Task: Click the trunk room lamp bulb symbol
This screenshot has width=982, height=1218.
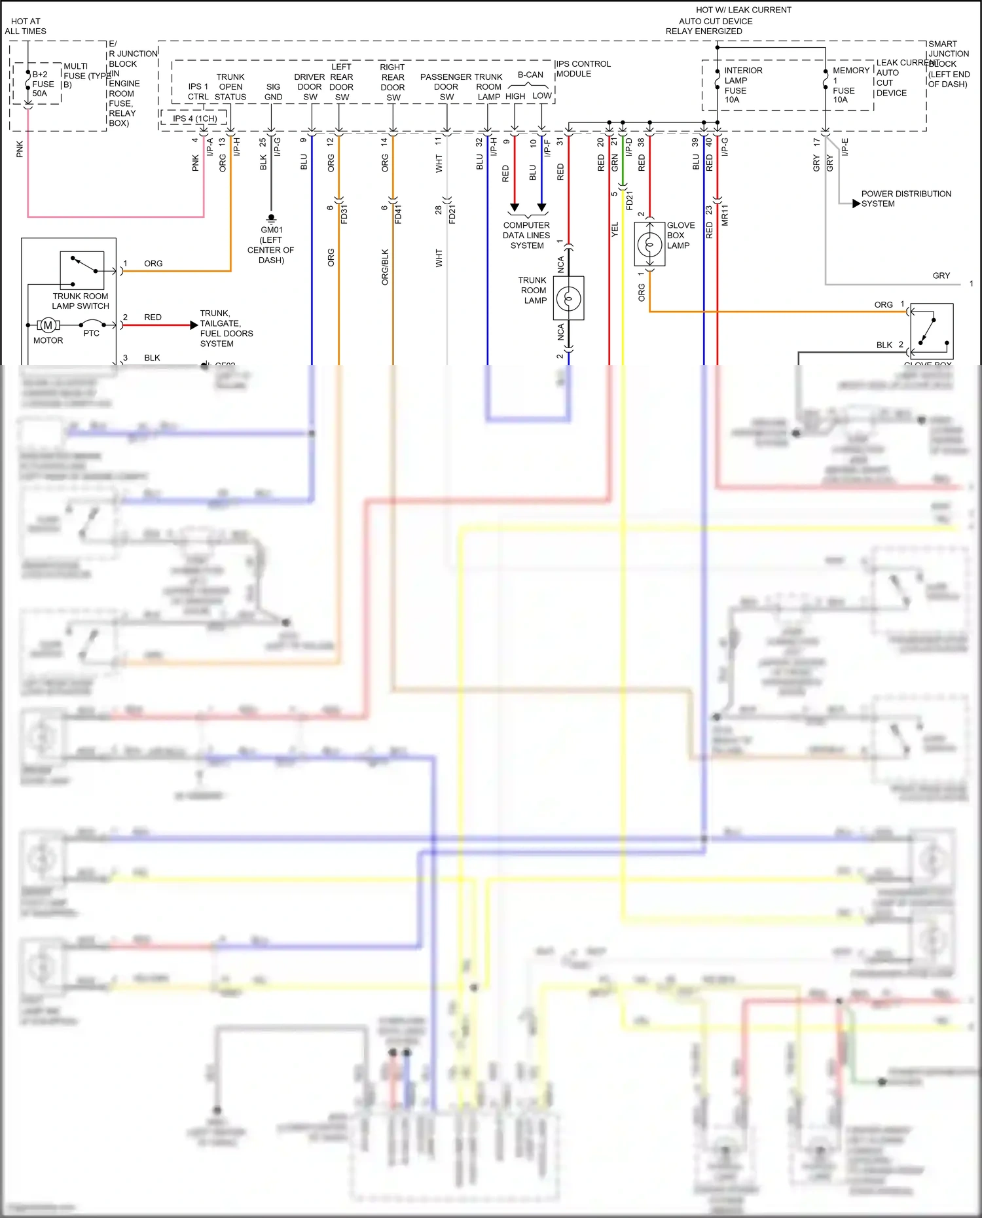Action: [x=568, y=298]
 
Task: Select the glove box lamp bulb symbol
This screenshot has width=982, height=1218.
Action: [x=649, y=245]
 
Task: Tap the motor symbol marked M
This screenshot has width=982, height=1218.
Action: [x=48, y=325]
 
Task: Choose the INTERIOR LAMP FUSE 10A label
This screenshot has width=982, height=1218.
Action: [x=742, y=85]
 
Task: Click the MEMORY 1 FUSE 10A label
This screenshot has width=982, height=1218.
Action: [x=850, y=85]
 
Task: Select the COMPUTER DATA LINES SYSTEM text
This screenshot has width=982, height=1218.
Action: [x=526, y=236]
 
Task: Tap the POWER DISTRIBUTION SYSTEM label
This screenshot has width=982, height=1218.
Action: [x=905, y=199]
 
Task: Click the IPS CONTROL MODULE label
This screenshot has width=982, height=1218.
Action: [x=583, y=69]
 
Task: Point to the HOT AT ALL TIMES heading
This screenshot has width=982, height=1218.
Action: [x=26, y=26]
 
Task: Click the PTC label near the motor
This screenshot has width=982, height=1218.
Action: [x=92, y=333]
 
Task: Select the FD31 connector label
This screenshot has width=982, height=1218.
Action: [x=344, y=214]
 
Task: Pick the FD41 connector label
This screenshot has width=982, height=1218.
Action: [x=398, y=214]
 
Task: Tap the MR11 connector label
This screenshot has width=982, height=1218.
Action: [x=725, y=215]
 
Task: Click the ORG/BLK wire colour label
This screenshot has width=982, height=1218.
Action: [x=385, y=266]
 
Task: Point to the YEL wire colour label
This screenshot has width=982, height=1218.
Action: [x=615, y=230]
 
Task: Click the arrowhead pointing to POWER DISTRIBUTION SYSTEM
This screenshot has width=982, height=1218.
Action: [x=856, y=204]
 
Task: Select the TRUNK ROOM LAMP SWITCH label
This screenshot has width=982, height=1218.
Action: [x=81, y=301]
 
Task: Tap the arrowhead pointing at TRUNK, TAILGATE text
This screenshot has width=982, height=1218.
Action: [x=194, y=325]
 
